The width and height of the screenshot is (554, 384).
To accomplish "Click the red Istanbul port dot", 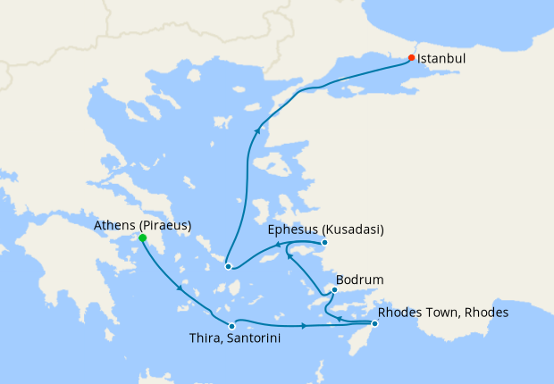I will tap(411, 58).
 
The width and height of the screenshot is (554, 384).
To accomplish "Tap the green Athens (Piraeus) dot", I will tap(143, 238).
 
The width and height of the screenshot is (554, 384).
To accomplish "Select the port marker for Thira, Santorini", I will tap(231, 325).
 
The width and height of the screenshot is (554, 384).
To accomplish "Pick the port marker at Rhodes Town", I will tap(374, 323).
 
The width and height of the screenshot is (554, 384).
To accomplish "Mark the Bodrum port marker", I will tap(334, 289).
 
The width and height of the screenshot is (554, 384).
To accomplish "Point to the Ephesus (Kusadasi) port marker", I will tap(324, 242).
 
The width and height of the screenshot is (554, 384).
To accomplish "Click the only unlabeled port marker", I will tap(228, 266).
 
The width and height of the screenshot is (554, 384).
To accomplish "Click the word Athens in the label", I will tap(114, 226).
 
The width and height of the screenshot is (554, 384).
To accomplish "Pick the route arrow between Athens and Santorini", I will tap(181, 288).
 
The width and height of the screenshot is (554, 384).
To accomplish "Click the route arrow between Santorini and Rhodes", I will tap(305, 325).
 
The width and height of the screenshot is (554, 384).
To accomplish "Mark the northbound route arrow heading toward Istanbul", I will tap(257, 131).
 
